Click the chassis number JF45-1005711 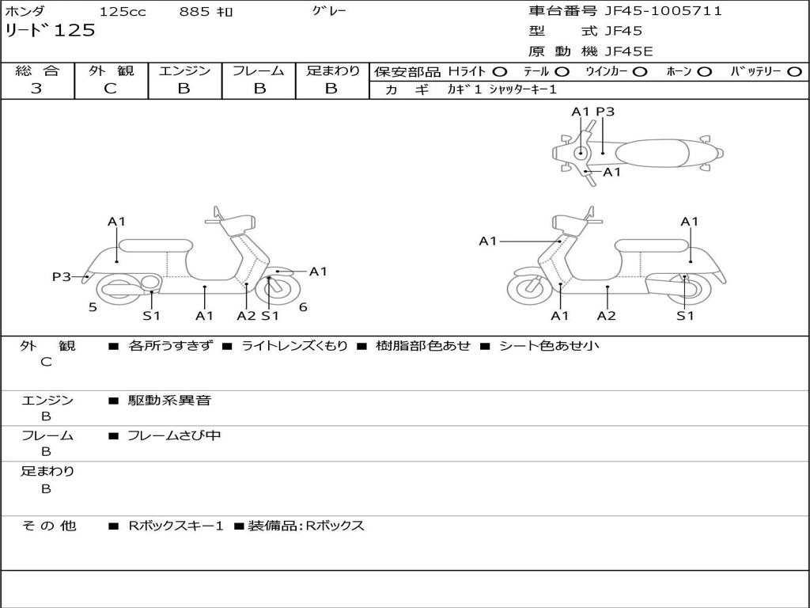663,11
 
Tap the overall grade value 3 36,89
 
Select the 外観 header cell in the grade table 111,70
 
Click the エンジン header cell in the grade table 184,70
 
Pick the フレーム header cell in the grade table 258,70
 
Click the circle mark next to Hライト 500,71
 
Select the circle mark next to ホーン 705,71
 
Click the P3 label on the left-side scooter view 62,276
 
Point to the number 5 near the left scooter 93,307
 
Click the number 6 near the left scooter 303,307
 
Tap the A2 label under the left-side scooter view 247,316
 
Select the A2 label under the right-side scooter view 607,316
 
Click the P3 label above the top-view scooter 605,112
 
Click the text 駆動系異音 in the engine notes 169,401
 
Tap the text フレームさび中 174,435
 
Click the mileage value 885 195,12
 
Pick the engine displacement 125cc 123,12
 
